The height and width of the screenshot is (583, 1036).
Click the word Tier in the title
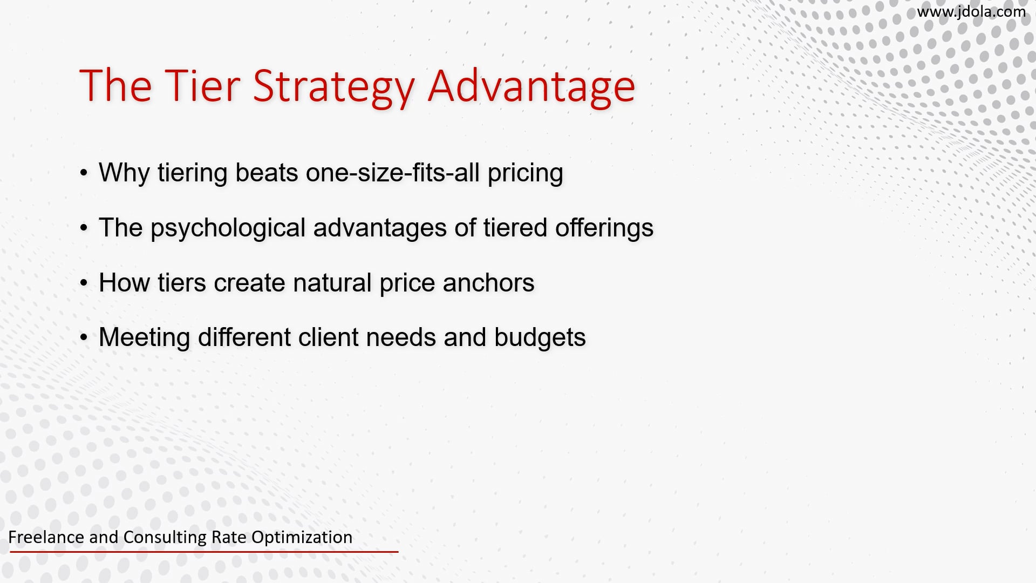(x=199, y=86)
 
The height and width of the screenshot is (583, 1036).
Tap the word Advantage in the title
(x=531, y=86)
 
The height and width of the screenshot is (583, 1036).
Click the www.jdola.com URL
(x=971, y=11)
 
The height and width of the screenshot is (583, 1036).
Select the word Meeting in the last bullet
(x=144, y=337)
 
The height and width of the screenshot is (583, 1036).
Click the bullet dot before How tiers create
(x=84, y=283)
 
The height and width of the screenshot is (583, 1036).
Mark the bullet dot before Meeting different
(x=84, y=338)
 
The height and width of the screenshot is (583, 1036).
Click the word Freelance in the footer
(x=46, y=537)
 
